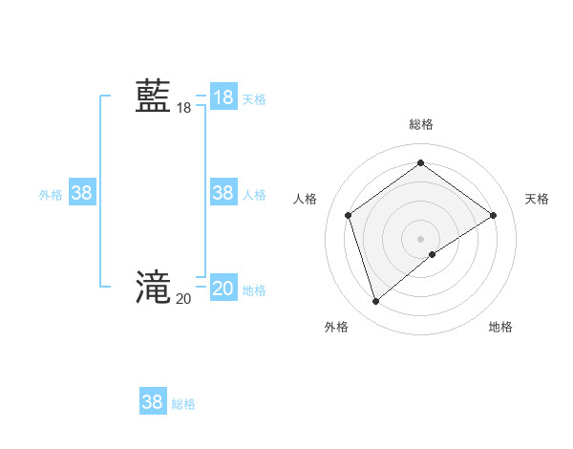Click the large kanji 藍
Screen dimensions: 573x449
154,96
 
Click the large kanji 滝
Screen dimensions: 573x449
154,286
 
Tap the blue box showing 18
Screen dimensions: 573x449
223,96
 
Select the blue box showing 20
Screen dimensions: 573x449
223,289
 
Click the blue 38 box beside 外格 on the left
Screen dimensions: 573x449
82,193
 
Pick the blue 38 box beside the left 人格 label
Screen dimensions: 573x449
223,193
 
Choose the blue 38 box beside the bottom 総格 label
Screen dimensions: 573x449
153,402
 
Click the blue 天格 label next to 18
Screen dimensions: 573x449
254,98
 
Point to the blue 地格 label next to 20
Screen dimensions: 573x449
254,290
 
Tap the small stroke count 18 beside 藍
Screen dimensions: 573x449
183,109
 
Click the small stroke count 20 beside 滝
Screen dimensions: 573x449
183,299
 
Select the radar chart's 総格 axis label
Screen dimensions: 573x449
420,124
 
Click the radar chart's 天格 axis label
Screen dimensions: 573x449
537,199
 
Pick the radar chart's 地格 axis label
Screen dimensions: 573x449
500,327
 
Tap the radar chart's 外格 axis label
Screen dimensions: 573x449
336,327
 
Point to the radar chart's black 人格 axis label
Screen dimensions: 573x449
306,199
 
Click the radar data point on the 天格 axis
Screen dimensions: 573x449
493,215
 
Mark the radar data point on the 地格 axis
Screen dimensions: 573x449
433,254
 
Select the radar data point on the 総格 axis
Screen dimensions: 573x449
420,163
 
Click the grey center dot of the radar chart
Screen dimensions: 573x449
420,238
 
